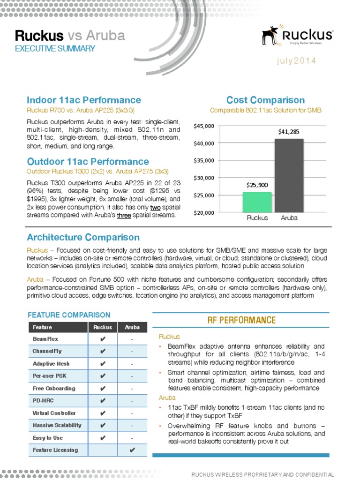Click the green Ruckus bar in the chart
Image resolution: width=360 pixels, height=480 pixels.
[257, 202]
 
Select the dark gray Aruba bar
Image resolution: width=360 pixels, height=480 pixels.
[289, 175]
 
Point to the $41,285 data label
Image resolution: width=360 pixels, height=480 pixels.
[289, 132]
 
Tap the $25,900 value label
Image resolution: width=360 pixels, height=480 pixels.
[257, 185]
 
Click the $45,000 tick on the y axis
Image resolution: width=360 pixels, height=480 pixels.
[203, 126]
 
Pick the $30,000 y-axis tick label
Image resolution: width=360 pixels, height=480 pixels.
[203, 178]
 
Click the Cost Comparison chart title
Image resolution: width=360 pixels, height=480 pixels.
[265, 100]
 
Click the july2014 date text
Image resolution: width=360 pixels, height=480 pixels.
[296, 61]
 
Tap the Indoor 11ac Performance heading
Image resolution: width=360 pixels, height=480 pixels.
[84, 100]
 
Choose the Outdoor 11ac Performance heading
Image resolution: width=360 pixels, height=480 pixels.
[88, 162]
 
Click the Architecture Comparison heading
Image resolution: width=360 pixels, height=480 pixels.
[83, 237]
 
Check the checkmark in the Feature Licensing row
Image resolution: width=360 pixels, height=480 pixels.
[132, 450]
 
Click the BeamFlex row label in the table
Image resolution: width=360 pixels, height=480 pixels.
[45, 339]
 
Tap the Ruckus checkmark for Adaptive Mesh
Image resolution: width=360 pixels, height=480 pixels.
[103, 364]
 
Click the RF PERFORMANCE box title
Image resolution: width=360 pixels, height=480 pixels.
[241, 320]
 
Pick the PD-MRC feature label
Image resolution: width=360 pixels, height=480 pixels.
[43, 401]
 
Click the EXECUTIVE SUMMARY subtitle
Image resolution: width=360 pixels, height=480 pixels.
[55, 48]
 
